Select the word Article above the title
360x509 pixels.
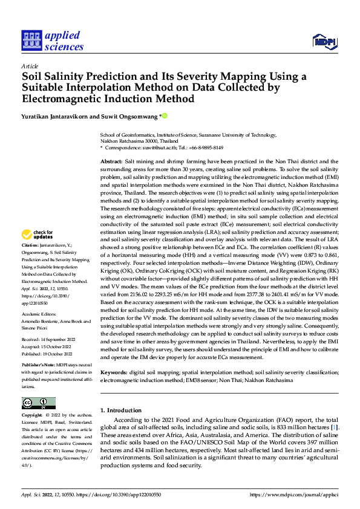[30, 66]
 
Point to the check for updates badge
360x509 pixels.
[38, 235]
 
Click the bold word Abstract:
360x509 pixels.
[113, 162]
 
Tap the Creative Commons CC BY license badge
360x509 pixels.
[38, 403]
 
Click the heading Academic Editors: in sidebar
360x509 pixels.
[39, 316]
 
